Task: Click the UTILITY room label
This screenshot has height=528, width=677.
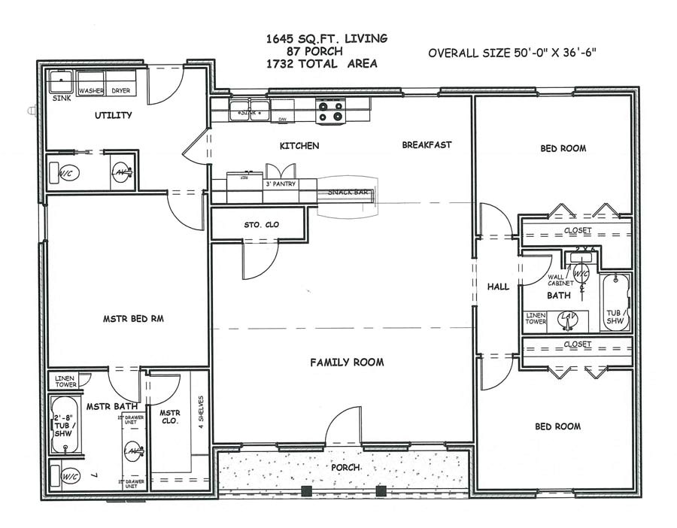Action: coord(114,115)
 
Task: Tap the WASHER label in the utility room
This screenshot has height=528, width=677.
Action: coord(91,91)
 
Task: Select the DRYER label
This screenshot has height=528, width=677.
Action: coord(121,91)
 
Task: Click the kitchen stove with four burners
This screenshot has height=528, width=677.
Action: coord(330,112)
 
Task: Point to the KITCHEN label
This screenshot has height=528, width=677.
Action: coord(299,145)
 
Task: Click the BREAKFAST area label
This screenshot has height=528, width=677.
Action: coord(427,144)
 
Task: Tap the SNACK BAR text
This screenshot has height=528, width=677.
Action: coord(348,193)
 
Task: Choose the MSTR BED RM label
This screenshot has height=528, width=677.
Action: coord(133,319)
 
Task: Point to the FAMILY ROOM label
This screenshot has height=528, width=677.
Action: coord(347,363)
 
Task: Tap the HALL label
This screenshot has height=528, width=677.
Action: coord(498,287)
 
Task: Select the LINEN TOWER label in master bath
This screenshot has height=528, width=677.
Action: coord(67,381)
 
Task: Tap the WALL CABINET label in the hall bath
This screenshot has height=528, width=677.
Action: coord(561,280)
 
